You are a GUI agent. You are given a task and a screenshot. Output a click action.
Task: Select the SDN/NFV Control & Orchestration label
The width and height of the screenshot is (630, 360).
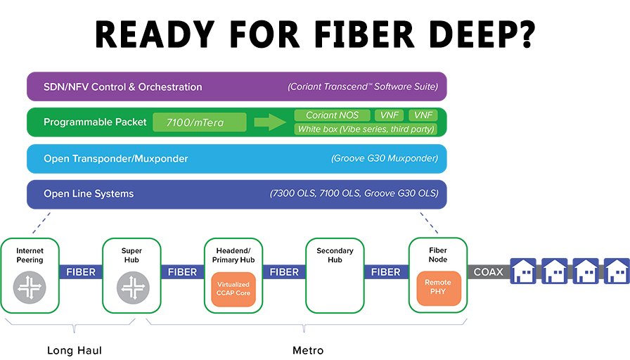click(x=122, y=87)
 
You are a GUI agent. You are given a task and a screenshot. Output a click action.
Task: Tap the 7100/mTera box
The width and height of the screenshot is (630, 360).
click(x=199, y=122)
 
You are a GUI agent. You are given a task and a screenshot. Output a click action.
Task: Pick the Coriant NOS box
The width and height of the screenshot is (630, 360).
click(x=332, y=115)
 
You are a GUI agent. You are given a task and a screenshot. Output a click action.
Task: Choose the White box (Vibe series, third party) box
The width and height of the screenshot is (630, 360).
click(x=366, y=129)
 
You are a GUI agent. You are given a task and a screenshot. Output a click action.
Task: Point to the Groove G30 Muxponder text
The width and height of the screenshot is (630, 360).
click(x=385, y=159)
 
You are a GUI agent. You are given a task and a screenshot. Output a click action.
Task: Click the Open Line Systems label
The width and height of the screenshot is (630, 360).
click(x=89, y=194)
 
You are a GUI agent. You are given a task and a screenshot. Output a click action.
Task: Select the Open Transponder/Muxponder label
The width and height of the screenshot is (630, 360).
click(x=116, y=159)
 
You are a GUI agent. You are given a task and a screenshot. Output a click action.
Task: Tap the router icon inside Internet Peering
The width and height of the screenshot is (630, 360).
click(x=30, y=287)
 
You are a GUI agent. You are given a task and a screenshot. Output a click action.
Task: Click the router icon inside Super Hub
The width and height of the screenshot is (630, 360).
click(x=131, y=287)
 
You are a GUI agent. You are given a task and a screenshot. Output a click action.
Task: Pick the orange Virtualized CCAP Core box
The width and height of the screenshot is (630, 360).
click(x=233, y=288)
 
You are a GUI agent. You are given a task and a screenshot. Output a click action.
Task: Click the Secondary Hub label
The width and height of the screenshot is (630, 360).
click(x=335, y=255)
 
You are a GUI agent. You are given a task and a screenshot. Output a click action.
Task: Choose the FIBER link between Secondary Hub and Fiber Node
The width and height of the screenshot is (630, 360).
click(x=385, y=271)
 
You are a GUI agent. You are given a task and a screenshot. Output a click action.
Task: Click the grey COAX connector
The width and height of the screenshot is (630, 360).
click(x=488, y=271)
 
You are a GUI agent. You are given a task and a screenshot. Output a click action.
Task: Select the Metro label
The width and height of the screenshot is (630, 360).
click(x=308, y=350)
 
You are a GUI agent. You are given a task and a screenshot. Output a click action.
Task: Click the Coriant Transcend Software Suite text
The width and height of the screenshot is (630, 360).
click(x=362, y=87)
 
